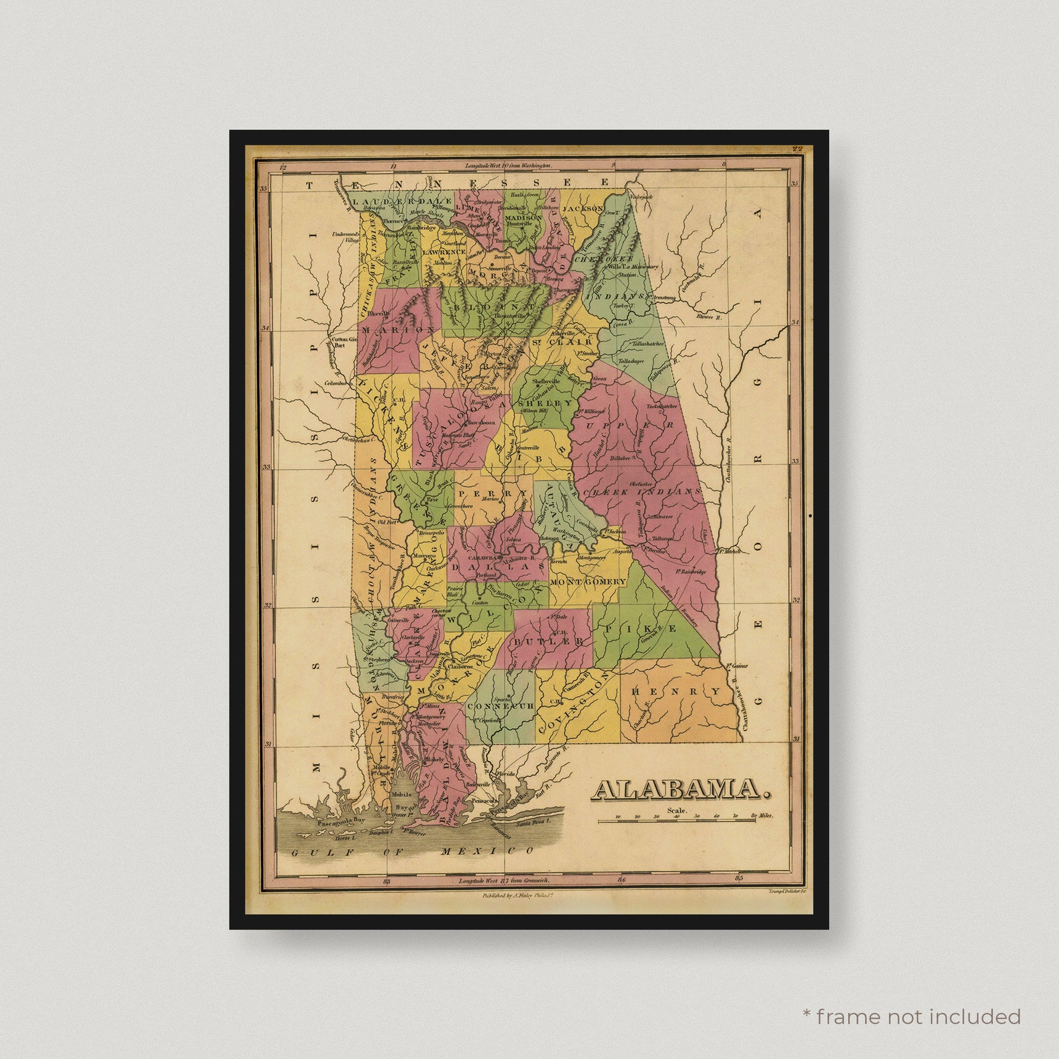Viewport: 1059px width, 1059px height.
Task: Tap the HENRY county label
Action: click(676, 692)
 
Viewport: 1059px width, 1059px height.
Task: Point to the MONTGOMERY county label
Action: click(588, 582)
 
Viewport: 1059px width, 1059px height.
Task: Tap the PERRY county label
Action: click(493, 493)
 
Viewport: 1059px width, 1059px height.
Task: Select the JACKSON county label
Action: click(582, 209)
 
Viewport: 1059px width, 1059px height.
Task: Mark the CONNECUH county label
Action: click(500, 706)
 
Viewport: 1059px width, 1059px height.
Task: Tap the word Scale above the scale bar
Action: click(676, 810)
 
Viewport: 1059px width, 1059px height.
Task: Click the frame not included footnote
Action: click(911, 1017)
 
